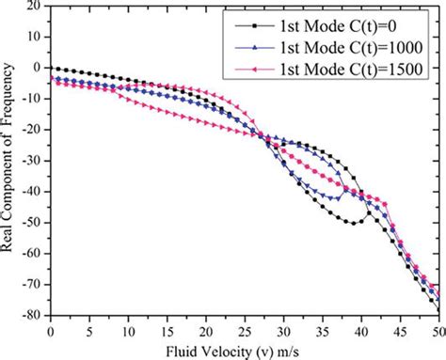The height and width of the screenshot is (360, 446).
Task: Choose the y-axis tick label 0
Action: click(x=35, y=68)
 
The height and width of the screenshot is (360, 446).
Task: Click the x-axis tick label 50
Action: click(x=438, y=329)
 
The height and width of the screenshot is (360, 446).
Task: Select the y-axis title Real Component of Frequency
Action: click(x=9, y=160)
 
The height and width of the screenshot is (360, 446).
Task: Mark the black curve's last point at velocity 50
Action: click(x=438, y=310)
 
